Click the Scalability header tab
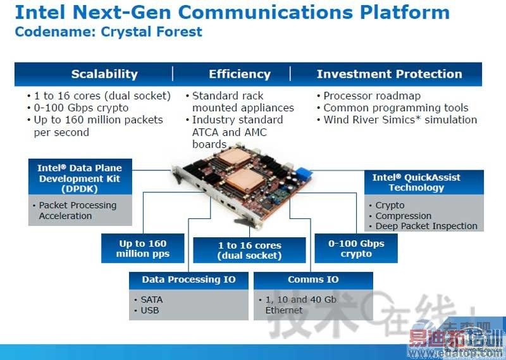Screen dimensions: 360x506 tap(104, 74)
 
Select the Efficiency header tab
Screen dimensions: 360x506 tap(240, 74)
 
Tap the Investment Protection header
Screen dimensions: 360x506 tap(389, 74)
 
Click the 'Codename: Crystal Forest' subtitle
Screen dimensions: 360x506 tap(108, 32)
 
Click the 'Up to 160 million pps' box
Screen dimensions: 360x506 tap(142, 249)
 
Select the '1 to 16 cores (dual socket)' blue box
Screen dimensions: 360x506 tap(250, 251)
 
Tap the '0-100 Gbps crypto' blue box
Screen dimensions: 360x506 tap(356, 249)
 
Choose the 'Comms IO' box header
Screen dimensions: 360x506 tap(313, 280)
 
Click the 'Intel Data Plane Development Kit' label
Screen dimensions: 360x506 tap(80, 178)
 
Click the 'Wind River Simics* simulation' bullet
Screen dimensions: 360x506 tap(400, 120)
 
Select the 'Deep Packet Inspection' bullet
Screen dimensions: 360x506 tap(426, 226)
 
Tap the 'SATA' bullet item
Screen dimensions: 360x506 tap(151, 299)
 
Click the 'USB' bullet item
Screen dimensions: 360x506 tap(149, 310)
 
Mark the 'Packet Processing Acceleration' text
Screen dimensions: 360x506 tap(77, 211)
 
